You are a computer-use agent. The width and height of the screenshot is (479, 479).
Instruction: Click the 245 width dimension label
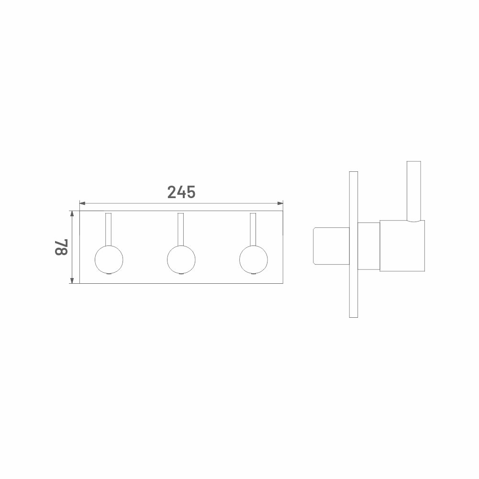(181, 192)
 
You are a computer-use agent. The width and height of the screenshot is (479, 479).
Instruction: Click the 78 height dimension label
(61, 247)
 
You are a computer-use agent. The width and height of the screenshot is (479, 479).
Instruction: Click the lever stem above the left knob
(109, 229)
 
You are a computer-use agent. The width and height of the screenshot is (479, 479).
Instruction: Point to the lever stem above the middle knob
(181, 229)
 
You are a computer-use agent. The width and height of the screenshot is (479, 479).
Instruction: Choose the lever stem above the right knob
(253, 229)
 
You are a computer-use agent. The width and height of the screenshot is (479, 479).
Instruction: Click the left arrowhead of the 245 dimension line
(82, 203)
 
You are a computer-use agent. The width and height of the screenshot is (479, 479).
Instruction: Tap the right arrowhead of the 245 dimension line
(280, 203)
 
